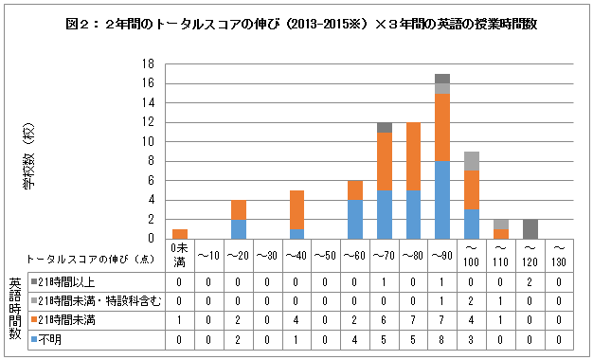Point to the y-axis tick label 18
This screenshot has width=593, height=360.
[x=150, y=64]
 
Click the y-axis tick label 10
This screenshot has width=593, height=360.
[x=150, y=142]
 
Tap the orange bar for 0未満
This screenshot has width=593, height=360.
[x=180, y=233]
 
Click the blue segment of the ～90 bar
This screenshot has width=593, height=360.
[x=442, y=199]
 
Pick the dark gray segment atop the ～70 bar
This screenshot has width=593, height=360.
[x=384, y=127]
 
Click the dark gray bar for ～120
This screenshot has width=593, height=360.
[x=530, y=228]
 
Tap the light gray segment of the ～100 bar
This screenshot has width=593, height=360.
[x=472, y=161]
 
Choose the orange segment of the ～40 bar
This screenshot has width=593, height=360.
[x=296, y=208]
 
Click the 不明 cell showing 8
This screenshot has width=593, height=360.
[x=442, y=337]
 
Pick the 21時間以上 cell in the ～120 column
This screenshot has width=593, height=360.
[x=530, y=280]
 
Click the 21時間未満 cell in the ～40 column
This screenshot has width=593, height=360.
[x=296, y=318]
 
